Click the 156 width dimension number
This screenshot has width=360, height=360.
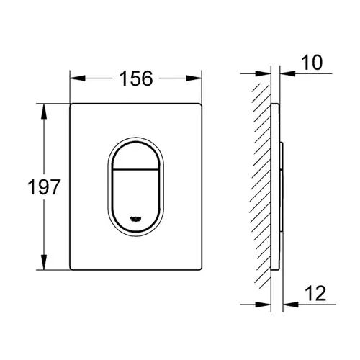[x=136, y=78]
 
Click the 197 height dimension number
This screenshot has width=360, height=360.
[x=44, y=187]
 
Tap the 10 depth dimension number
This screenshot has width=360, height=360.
[x=312, y=63]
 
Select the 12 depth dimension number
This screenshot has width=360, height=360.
[x=315, y=293]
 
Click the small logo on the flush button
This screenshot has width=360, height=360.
[x=136, y=218]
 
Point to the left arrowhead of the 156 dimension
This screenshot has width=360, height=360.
[x=78, y=78]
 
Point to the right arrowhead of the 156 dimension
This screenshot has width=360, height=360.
[x=194, y=78]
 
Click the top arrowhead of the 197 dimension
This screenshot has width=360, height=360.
[x=44, y=111]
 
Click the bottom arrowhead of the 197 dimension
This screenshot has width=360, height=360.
[x=44, y=262]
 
